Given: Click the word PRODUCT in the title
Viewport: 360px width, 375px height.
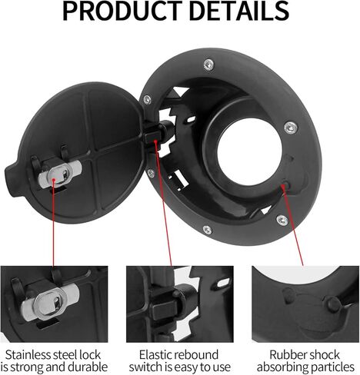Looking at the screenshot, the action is [121, 11].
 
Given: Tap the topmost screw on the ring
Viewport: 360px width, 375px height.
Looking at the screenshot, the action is [208, 65].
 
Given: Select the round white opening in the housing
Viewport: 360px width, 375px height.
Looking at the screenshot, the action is [249, 151].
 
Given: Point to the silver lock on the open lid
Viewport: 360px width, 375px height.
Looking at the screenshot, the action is [60, 174].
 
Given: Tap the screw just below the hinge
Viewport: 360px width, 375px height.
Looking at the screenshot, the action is [151, 173].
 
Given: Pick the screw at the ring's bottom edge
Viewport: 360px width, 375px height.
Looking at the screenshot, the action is [207, 230].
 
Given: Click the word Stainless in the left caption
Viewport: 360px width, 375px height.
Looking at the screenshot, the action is [28, 355].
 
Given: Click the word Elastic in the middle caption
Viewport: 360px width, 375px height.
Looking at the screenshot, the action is [157, 355].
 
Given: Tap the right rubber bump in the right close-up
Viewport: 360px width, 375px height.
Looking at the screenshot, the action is [332, 303].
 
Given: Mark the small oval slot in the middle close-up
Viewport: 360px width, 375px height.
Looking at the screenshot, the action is [224, 283].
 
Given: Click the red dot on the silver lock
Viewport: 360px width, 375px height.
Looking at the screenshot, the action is [54, 180].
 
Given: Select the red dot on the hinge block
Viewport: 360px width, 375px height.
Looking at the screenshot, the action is [155, 141].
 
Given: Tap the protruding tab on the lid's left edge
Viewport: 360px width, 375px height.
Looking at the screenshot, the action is [11, 179].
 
